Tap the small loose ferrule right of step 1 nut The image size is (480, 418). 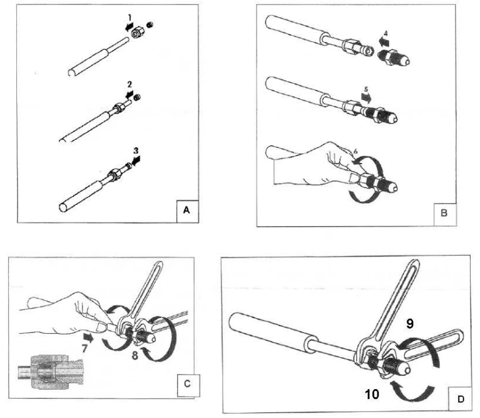click(150, 23)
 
